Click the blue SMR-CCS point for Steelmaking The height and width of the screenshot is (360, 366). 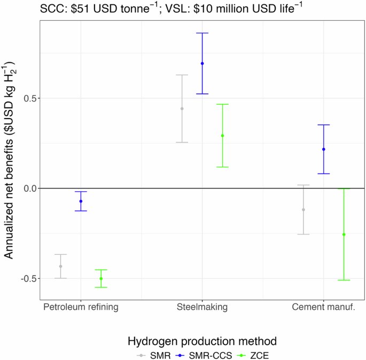pos(202,64)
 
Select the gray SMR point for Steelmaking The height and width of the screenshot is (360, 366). pos(182,108)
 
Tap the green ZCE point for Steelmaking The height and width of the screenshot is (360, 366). pos(222,136)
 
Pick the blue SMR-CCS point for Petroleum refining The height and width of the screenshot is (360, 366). pos(81,201)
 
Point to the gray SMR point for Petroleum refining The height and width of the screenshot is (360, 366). pos(60,266)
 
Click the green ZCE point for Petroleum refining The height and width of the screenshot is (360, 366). pos(101,279)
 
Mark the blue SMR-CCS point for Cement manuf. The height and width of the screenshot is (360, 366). pos(323,150)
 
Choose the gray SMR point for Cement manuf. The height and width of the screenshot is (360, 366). pos(303,209)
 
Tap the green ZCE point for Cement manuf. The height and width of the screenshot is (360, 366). pos(344,234)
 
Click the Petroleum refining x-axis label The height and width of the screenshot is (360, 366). pos(81,308)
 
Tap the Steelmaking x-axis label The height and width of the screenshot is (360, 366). pos(202,308)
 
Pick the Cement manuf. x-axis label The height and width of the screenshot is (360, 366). pos(323,308)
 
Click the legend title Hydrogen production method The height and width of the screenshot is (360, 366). pos(201,340)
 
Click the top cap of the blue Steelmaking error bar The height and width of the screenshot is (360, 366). pos(202,33)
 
